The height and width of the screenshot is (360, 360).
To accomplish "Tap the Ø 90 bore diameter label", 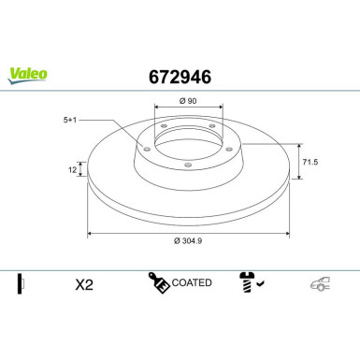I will (x=186, y=99).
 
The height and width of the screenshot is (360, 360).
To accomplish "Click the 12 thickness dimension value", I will (x=71, y=169).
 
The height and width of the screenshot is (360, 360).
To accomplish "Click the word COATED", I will (x=194, y=282).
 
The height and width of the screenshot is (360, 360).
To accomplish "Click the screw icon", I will (x=248, y=283).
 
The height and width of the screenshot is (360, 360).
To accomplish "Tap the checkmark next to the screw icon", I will (x=264, y=285).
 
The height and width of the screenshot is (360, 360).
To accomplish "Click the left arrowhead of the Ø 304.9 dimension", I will (x=90, y=233).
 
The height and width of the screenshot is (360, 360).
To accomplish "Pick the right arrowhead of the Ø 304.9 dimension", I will (x=286, y=233).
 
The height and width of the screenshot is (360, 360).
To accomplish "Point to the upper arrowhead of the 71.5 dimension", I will (x=298, y=146).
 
